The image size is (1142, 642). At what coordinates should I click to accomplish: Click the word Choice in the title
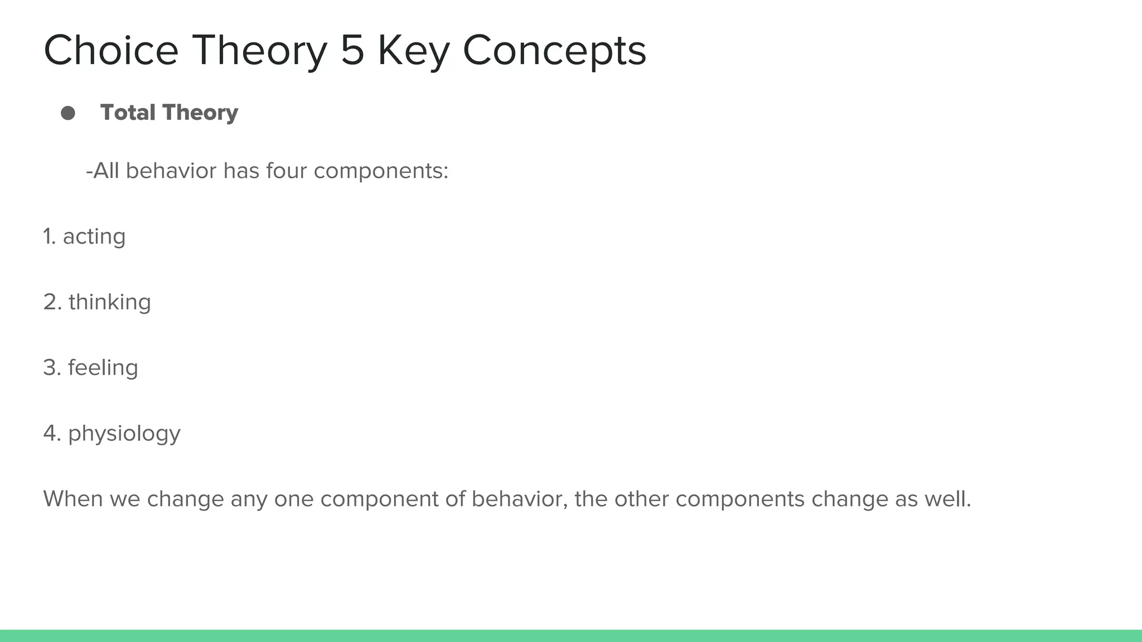tap(110, 51)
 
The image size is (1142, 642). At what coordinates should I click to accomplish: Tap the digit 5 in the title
tap(352, 51)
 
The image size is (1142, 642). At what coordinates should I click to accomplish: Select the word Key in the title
tap(413, 51)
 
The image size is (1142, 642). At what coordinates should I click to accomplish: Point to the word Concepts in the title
tap(554, 51)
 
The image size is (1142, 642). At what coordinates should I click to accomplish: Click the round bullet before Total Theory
tap(68, 113)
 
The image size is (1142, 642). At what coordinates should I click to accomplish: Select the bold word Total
tap(128, 113)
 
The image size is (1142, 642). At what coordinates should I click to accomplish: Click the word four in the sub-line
tap(287, 171)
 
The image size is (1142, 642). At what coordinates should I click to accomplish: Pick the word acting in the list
tap(94, 237)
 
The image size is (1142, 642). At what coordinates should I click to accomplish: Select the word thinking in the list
tap(110, 303)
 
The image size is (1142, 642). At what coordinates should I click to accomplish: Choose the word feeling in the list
tap(103, 368)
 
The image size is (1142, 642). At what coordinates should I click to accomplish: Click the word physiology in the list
tap(124, 434)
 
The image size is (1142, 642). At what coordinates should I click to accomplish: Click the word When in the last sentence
tap(72, 499)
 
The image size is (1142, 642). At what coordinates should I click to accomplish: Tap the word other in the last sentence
tap(638, 499)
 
